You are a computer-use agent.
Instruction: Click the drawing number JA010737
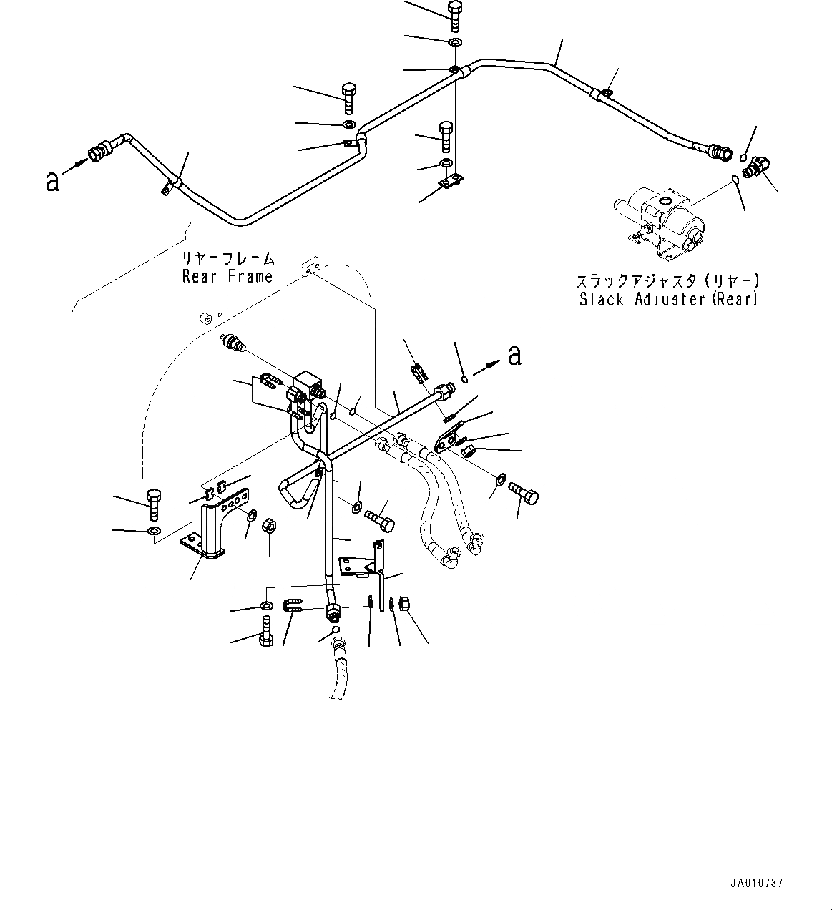coord(758,883)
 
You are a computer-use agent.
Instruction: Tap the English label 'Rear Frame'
coord(227,276)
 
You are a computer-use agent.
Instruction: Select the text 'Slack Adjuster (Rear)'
coord(668,299)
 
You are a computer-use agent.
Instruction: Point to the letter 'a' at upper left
coord(52,181)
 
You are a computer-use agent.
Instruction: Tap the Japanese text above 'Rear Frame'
coord(227,258)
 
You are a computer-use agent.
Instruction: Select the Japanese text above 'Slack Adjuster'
coord(668,281)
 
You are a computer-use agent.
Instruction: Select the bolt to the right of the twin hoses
coord(524,494)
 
